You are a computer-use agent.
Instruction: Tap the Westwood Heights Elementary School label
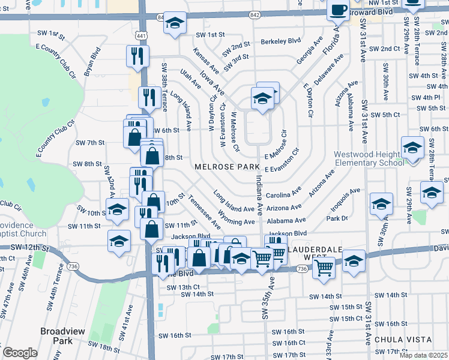[369, 158]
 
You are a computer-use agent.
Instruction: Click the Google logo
[20, 352]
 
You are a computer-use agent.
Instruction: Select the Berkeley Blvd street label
[280, 41]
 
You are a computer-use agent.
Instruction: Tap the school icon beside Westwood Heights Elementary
[412, 148]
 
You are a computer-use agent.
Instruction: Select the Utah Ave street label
[191, 79]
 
